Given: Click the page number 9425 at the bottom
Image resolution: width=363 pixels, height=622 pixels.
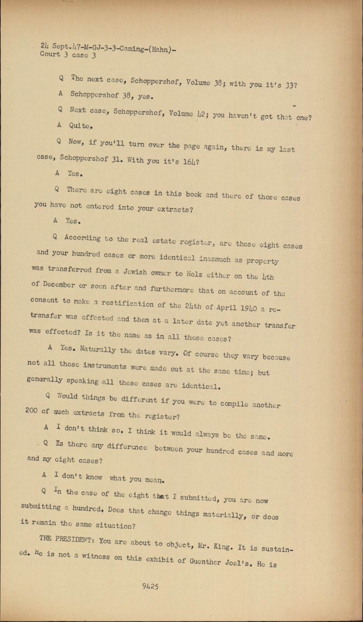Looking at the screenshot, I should tap(150, 587).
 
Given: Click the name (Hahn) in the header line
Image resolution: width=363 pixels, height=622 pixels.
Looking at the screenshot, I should tap(161, 49).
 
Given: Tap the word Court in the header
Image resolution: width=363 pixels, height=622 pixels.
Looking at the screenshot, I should tap(50, 54).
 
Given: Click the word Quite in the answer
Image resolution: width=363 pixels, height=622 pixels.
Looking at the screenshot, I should tap(81, 126).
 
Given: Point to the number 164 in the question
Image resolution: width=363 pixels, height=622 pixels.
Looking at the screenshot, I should tap(191, 161).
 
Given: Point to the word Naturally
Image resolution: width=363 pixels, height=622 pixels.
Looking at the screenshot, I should tap(98, 349).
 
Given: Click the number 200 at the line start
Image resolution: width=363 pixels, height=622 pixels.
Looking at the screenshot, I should tap(32, 411).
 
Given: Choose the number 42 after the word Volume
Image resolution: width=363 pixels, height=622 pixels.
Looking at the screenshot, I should tap(201, 115).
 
